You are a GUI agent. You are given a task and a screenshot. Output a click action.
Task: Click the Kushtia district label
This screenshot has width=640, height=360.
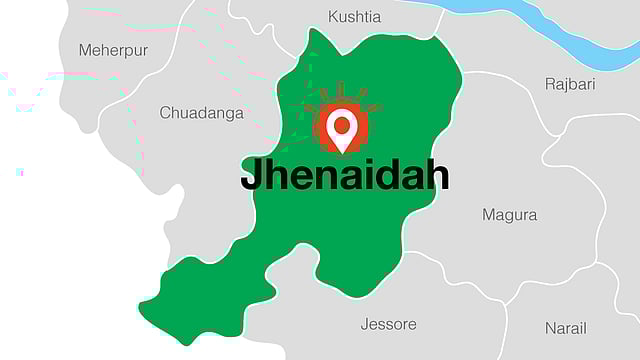click(354, 17)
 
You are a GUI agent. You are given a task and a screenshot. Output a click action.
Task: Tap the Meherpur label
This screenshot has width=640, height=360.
click(113, 49)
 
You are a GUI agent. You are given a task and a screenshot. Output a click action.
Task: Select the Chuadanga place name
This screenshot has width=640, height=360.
click(201, 113)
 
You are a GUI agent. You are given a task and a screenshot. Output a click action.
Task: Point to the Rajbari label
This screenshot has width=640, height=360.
click(569, 84)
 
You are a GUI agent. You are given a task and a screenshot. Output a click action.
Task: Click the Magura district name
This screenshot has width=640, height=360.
click(509, 215)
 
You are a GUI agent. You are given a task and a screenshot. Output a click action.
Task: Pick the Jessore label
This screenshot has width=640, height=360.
click(388, 324)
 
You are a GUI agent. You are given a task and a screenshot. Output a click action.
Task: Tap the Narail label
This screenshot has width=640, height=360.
click(565, 328)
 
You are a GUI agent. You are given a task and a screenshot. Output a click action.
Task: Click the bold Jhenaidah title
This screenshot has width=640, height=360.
click(344, 176)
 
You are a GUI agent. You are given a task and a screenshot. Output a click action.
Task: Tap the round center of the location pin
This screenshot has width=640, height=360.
click(342, 125)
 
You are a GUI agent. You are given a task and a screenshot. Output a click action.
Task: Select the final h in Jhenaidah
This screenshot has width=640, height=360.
click(437, 175)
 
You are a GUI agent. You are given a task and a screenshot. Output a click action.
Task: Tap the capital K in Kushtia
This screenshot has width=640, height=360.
click(333, 17)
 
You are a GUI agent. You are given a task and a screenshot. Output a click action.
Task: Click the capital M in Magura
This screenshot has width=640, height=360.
click(489, 215)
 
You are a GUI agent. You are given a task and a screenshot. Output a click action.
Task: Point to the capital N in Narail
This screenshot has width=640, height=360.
click(551, 328)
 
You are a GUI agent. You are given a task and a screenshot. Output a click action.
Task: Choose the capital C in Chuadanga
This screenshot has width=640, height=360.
click(166, 113)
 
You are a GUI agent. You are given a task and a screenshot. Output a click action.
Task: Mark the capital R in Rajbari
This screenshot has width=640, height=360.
click(550, 84)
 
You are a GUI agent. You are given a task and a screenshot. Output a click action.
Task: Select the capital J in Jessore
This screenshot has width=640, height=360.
click(365, 324)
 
